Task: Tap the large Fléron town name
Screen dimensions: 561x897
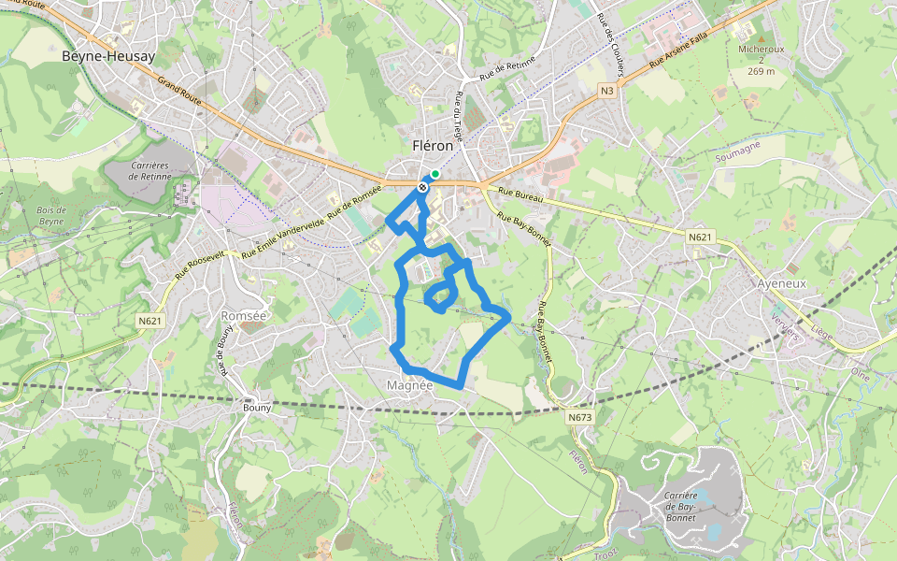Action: [x=433, y=146]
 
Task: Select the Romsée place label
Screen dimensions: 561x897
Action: [x=243, y=316]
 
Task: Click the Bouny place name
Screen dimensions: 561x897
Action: [x=257, y=407]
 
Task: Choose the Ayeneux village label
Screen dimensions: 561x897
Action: [x=780, y=282]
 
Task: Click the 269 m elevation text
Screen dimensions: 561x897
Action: [x=762, y=71]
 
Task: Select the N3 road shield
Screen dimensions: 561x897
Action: [x=607, y=90]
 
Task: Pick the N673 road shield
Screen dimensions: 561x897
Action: [x=579, y=418]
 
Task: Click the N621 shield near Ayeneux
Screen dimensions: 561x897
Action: [x=700, y=237]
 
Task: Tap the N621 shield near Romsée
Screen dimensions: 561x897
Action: [x=149, y=322]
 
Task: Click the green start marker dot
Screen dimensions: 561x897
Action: [x=435, y=174]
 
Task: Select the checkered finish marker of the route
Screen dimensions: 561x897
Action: [x=423, y=187]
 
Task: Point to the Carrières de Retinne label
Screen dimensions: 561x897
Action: [x=149, y=170]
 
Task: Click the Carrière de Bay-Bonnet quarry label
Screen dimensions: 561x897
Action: [x=681, y=506]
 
